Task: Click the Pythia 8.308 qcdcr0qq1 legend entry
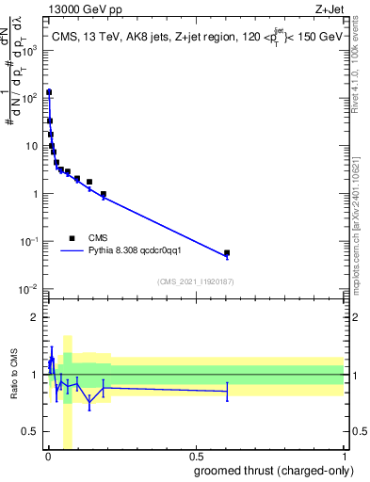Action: pos(140,251)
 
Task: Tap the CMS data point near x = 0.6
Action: pos(227,253)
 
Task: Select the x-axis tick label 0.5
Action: pos(196,456)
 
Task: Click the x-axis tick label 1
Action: pos(344,456)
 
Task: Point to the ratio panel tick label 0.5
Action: pos(31,432)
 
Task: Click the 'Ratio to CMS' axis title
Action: pos(13,375)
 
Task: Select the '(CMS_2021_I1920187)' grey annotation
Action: pos(195,281)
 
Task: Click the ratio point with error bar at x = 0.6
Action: pos(227,391)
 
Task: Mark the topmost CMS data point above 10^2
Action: pos(49,92)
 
